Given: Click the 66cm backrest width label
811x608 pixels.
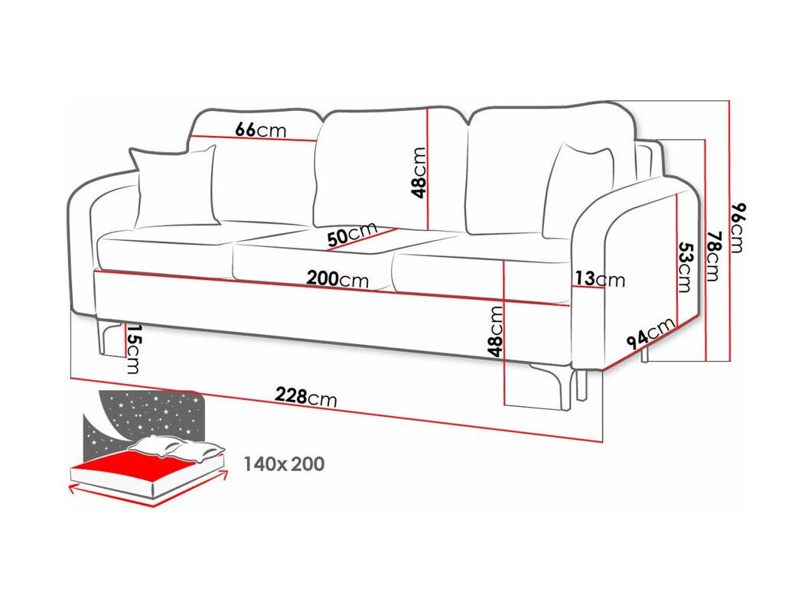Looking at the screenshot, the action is (x=261, y=129).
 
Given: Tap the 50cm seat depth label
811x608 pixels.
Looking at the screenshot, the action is (x=352, y=234).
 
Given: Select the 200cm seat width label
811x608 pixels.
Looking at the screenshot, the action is (x=337, y=278).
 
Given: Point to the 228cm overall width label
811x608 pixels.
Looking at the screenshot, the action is (x=306, y=397).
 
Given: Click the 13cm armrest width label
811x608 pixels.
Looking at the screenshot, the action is (x=600, y=279).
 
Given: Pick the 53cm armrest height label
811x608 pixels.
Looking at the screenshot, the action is (x=684, y=268).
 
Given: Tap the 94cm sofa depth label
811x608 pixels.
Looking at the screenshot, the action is (x=650, y=333).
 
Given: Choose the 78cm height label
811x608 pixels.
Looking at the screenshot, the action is (x=713, y=256).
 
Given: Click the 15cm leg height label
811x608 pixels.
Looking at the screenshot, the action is (x=133, y=349).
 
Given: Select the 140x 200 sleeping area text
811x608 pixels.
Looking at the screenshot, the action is (x=284, y=463).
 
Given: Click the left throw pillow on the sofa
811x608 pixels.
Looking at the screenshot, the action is (x=175, y=187).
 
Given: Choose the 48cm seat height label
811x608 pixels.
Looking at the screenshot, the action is (x=495, y=331).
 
